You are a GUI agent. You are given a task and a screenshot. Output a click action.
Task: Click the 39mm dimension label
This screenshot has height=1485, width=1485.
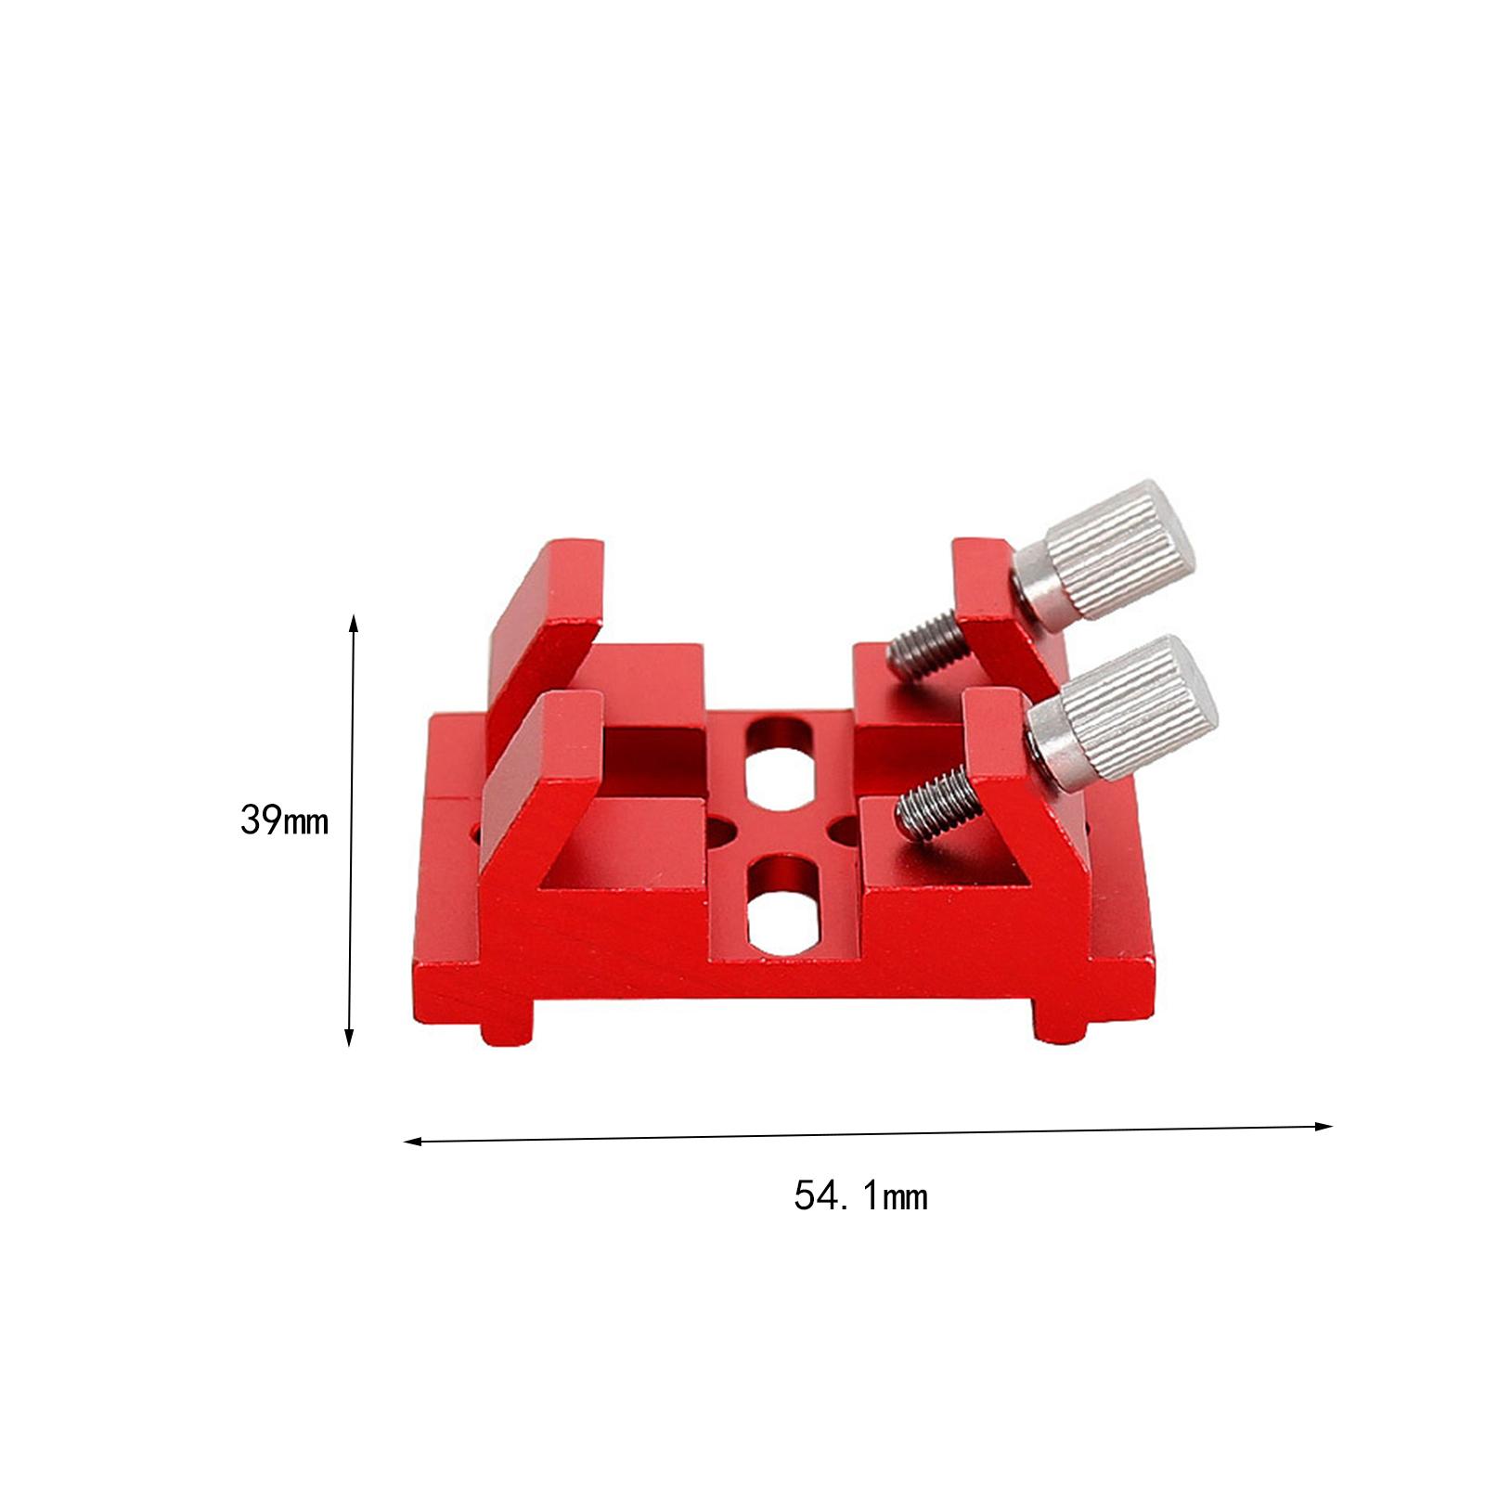pos(284,820)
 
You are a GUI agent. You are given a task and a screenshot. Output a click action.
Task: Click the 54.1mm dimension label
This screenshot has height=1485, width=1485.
pos(860,1196)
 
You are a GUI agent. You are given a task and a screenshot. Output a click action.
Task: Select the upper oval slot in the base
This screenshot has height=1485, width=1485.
pos(778,759)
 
